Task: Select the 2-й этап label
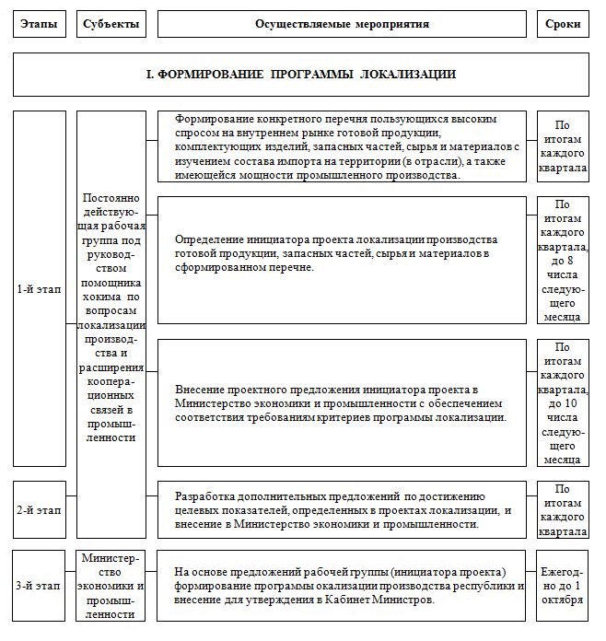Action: coord(40,507)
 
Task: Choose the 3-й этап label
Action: coord(40,586)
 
